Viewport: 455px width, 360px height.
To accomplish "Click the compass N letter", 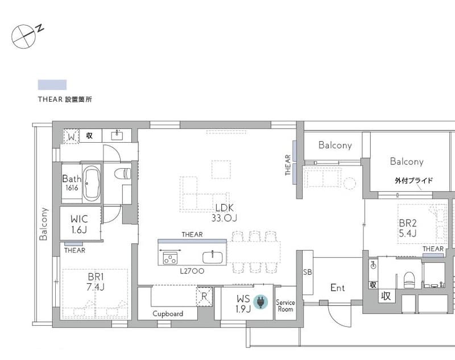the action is tap(40, 28).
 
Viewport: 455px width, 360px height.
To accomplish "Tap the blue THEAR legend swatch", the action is tap(52, 85).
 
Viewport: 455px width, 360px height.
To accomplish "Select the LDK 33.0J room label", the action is tap(224, 213).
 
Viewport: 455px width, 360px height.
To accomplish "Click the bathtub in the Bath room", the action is tap(92, 183).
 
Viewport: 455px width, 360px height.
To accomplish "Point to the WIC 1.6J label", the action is tap(79, 224).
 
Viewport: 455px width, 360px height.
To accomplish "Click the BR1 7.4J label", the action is tap(96, 282).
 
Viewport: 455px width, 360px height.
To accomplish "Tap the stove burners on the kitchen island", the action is tap(170, 258).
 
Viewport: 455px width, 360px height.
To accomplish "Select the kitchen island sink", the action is tap(212, 258).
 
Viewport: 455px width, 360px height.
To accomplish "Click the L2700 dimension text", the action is tap(192, 271).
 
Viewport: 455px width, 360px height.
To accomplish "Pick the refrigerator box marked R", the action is tap(204, 296).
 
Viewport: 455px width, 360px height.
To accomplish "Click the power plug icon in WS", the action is tap(261, 302).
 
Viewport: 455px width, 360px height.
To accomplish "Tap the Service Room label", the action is tap(286, 306).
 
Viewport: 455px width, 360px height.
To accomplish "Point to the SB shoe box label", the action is tap(307, 272).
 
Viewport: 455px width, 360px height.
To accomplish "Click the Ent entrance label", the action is tap(337, 288).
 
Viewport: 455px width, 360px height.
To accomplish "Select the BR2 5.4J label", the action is tap(408, 228).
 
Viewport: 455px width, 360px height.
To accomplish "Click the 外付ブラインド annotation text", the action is tap(414, 180).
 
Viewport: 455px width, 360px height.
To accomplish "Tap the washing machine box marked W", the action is tap(71, 136).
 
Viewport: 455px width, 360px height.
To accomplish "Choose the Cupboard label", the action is tap(168, 314).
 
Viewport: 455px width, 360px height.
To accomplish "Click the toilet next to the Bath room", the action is tap(123, 174).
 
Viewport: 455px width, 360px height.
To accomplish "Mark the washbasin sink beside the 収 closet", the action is tap(117, 135).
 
